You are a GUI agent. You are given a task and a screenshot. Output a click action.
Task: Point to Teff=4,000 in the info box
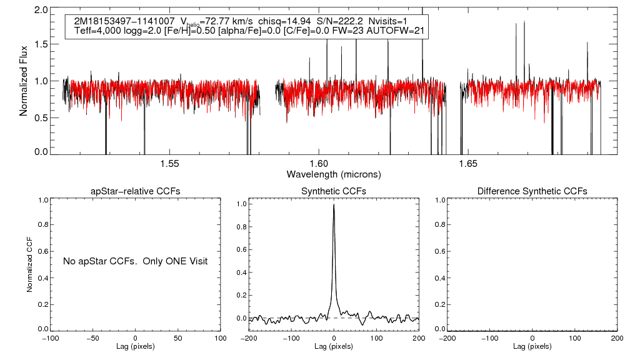pyautogui.click(x=95, y=31)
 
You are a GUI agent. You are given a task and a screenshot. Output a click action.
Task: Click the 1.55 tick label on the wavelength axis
pyautogui.click(x=170, y=164)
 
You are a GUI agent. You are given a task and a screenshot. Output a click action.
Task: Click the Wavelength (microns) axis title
pyautogui.click(x=334, y=173)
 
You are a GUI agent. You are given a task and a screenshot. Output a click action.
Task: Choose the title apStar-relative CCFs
pyautogui.click(x=136, y=191)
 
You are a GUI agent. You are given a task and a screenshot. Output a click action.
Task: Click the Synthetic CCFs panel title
pyautogui.click(x=334, y=191)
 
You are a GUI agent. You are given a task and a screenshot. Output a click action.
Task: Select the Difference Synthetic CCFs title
pyautogui.click(x=532, y=191)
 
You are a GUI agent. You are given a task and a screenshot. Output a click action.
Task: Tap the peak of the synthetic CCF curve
pyautogui.click(x=334, y=204)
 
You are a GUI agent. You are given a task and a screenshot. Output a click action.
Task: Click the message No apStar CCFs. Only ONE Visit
pyautogui.click(x=135, y=261)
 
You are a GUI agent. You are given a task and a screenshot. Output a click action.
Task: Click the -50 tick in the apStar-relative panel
pyautogui.click(x=93, y=338)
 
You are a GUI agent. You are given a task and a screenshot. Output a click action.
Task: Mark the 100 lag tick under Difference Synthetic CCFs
pyautogui.click(x=574, y=338)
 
